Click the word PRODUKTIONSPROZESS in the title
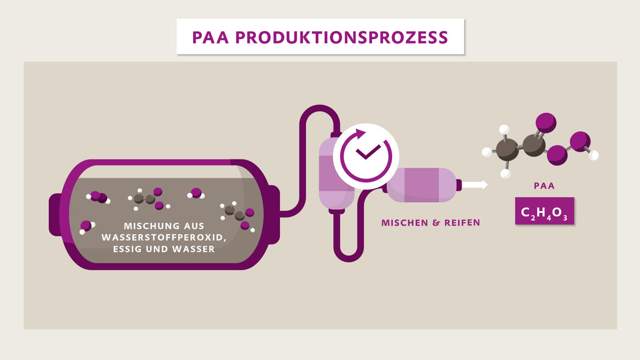click(x=342, y=37)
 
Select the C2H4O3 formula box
click(x=544, y=211)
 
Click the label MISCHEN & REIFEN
click(x=431, y=223)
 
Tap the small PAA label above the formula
click(x=544, y=186)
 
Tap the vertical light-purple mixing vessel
click(x=332, y=173)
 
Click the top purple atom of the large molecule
click(x=546, y=123)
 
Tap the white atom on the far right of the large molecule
click(x=594, y=155)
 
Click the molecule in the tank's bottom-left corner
click(x=86, y=227)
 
